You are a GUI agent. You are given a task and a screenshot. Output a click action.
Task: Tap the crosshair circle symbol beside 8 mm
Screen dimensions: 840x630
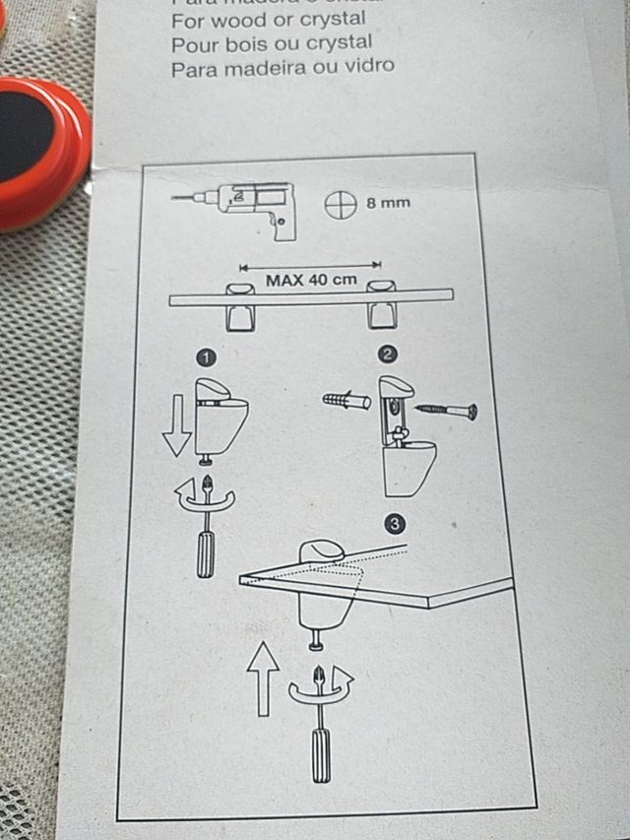point(340,205)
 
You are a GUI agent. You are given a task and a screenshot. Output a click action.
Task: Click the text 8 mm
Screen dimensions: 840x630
point(388,204)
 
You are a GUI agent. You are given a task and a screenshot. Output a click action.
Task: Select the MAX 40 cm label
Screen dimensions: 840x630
point(310,280)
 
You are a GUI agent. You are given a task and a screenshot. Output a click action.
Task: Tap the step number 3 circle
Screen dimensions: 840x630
point(395,525)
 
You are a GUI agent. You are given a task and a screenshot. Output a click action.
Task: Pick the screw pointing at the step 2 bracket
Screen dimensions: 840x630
point(448,410)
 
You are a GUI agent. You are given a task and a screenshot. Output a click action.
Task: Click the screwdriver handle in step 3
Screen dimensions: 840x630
point(321,754)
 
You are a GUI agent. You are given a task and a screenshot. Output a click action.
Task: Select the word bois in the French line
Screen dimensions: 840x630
point(246,44)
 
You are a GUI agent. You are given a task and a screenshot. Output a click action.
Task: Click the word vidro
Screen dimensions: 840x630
point(367,67)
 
